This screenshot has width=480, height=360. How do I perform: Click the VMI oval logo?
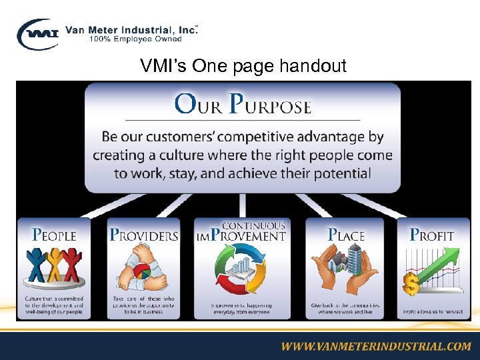point(39,34)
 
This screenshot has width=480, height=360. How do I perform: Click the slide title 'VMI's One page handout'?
point(243,66)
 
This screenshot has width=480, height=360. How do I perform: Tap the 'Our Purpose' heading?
point(243,105)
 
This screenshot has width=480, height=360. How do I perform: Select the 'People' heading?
point(55,235)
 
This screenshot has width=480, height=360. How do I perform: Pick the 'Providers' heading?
point(144,235)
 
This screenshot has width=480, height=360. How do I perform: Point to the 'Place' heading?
point(346,235)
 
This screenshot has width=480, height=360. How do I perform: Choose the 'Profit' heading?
point(431,235)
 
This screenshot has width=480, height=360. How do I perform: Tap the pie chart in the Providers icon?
point(142,272)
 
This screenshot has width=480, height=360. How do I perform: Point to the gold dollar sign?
point(411,285)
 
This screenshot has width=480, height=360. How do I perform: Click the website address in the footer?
point(375,346)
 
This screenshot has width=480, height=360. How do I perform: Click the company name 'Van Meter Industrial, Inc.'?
point(131,29)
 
